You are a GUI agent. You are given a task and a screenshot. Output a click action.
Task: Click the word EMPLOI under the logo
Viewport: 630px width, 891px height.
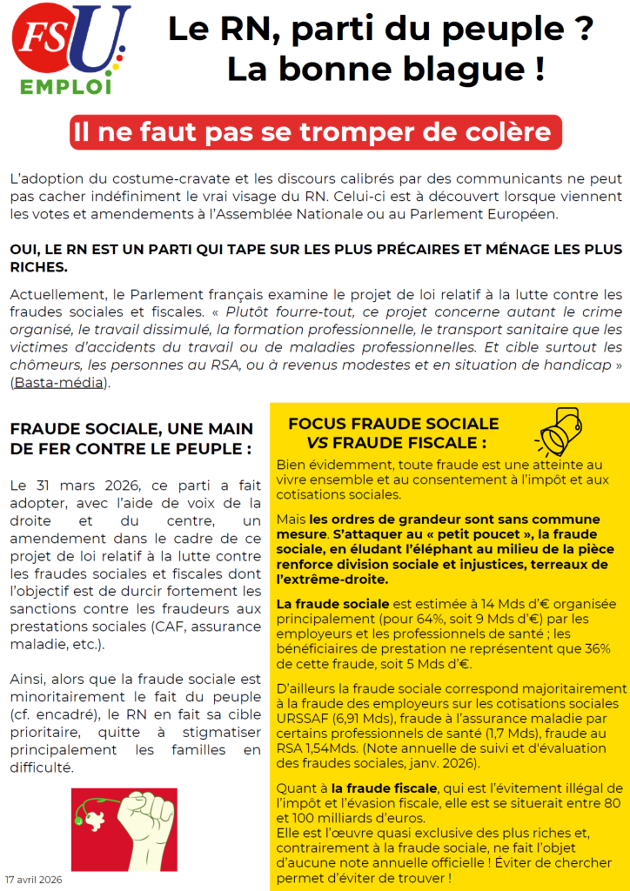click(x=69, y=87)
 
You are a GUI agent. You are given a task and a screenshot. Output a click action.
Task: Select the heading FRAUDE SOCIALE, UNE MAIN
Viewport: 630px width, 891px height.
click(x=131, y=429)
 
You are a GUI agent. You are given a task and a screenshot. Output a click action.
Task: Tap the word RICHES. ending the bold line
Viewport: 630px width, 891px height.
click(x=37, y=266)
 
